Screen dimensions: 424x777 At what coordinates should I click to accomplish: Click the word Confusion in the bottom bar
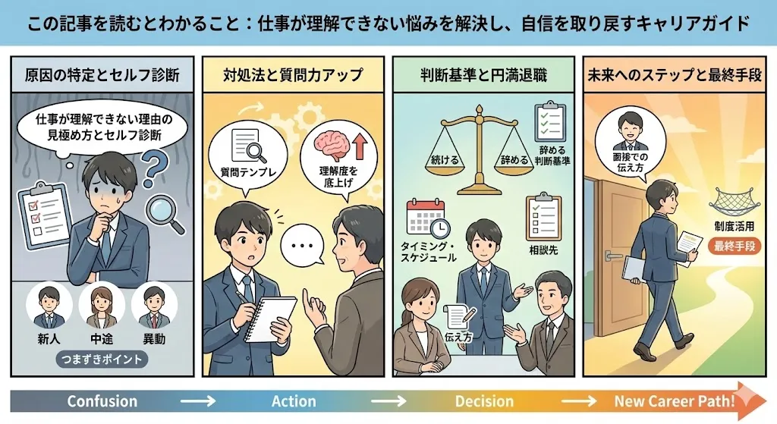[102, 401]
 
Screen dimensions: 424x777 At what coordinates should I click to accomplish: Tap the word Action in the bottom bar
[294, 401]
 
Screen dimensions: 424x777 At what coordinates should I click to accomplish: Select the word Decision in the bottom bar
[484, 401]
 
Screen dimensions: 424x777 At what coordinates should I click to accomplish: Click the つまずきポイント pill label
[102, 359]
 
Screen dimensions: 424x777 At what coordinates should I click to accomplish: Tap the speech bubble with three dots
[303, 247]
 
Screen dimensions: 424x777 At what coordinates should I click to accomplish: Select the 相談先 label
[543, 250]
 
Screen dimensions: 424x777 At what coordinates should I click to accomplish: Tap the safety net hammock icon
[732, 200]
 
